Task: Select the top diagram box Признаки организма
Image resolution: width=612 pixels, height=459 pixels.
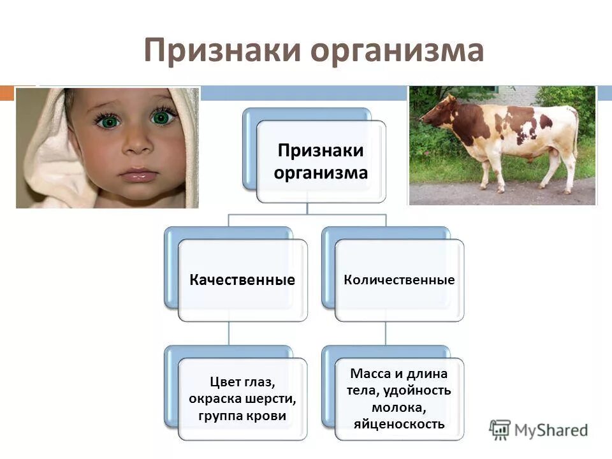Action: tap(321, 162)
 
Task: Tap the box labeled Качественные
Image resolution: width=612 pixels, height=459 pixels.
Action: tap(242, 280)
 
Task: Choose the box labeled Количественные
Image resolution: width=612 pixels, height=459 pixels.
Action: tap(400, 280)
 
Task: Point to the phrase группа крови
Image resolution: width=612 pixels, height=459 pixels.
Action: tap(242, 416)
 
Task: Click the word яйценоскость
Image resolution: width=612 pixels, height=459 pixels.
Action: tap(400, 423)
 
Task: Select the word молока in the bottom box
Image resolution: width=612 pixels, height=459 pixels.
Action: tap(400, 407)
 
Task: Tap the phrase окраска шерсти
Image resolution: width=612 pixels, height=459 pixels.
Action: tap(242, 398)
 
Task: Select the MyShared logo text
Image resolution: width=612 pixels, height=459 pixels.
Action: tap(551, 430)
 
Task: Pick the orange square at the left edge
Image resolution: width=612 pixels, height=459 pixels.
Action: tap(6, 93)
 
